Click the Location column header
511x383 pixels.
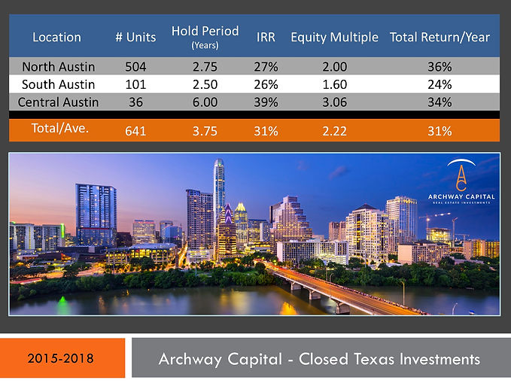pos(56,37)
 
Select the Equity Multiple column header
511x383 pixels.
pos(335,37)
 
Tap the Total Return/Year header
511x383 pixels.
pos(440,37)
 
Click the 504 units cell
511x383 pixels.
pos(135,66)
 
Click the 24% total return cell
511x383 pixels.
pos(440,84)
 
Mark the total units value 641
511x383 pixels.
pos(135,131)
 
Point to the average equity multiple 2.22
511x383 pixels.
pos(334,131)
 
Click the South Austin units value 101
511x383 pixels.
pos(135,84)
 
